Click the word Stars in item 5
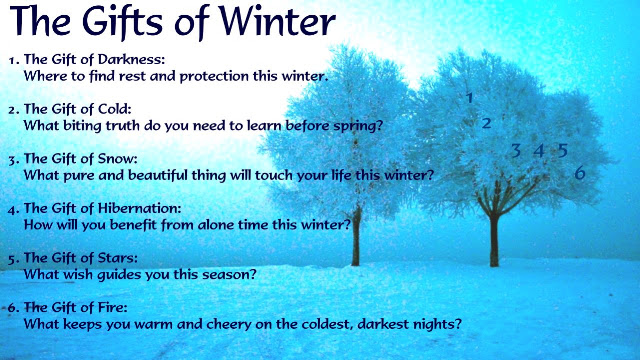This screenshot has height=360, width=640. [117, 258]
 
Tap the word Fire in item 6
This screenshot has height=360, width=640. [112, 307]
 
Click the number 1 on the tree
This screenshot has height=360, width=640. [470, 98]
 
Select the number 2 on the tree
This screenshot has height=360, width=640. [486, 123]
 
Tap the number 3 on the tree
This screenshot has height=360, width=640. [516, 151]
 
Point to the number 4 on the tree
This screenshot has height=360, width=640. [539, 151]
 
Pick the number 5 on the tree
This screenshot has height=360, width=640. [563, 151]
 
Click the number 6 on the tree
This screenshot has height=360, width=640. [580, 173]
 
